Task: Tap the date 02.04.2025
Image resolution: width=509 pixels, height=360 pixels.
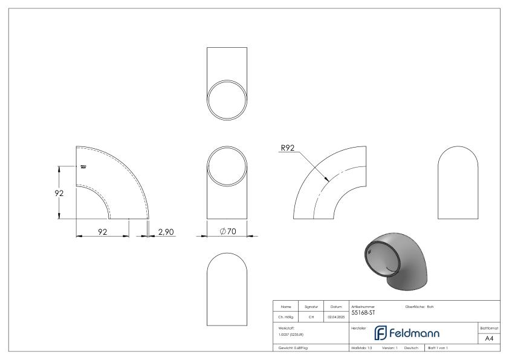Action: click(x=336, y=316)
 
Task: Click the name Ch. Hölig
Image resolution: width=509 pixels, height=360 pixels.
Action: click(x=286, y=316)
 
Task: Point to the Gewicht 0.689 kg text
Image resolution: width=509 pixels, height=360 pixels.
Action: click(x=293, y=349)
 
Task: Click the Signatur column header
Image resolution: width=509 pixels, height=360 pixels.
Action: click(x=313, y=307)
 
